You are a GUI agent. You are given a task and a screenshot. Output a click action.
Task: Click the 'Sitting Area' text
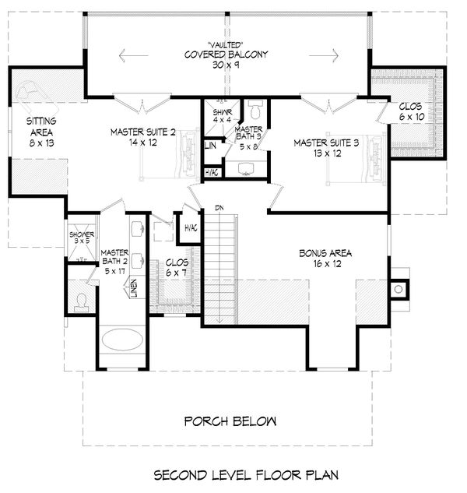[x=40, y=132]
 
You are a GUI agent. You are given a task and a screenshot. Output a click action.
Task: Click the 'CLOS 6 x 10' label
[x=412, y=111]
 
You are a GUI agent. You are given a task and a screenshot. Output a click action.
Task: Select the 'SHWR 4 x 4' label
[x=223, y=117]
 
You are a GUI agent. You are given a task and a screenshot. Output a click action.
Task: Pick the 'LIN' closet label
[x=211, y=146]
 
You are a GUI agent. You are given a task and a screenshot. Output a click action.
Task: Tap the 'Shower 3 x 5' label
[x=81, y=237]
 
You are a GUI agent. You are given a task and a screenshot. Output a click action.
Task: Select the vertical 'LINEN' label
[x=134, y=288]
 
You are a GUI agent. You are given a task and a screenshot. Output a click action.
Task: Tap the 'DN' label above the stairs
[x=220, y=209]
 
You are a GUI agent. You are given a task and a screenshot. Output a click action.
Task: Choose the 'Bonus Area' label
[x=325, y=258]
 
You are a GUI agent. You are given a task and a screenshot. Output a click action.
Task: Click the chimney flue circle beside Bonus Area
[x=399, y=289]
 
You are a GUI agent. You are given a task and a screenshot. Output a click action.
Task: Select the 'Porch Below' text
[x=230, y=421]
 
